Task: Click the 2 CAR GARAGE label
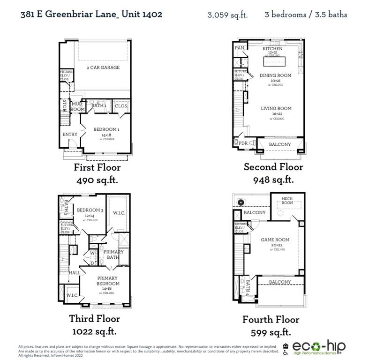(103, 67)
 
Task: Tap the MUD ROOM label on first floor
(78, 107)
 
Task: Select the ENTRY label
(70, 135)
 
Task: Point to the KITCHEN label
(272, 49)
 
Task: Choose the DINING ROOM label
(275, 75)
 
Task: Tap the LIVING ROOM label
(276, 109)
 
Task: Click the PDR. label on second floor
(243, 143)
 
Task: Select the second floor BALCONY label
(280, 144)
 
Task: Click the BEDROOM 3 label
(90, 210)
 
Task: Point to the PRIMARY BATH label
(113, 255)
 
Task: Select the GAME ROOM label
(275, 240)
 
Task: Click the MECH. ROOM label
(287, 201)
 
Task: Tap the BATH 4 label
(249, 287)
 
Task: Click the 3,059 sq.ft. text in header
(227, 15)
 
